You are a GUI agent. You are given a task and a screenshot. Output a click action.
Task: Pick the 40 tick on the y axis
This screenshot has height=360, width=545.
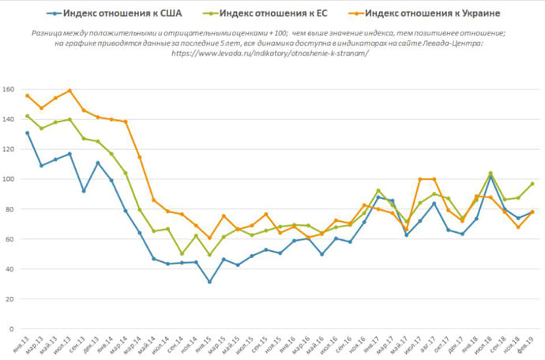[x=10, y=269]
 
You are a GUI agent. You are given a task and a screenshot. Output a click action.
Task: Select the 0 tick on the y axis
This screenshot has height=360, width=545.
[x=13, y=328]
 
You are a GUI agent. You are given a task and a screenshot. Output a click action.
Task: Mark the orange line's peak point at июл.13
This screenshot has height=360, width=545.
[x=70, y=91]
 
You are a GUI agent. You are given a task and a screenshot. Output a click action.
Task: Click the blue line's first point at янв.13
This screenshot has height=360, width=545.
[x=28, y=133]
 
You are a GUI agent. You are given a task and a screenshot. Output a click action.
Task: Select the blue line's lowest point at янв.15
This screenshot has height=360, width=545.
[x=209, y=282]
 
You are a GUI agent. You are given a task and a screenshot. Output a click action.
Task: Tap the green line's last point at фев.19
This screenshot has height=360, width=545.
[x=532, y=184]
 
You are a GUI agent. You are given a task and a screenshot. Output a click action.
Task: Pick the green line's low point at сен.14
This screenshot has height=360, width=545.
[x=182, y=254]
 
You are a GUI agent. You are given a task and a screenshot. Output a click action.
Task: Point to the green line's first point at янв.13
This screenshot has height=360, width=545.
[x=28, y=116]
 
